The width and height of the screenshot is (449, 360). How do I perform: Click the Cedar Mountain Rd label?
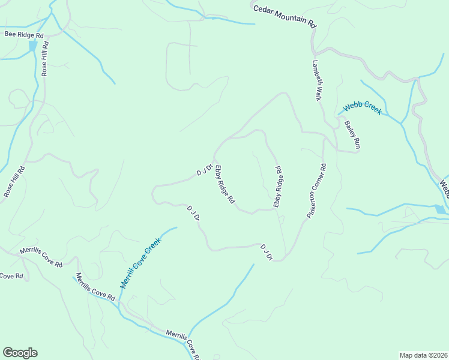(x=285, y=16)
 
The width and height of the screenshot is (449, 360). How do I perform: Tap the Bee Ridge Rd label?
(x=25, y=35)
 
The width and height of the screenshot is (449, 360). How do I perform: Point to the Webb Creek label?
(x=362, y=109)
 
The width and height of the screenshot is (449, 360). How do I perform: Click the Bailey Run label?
(x=352, y=135)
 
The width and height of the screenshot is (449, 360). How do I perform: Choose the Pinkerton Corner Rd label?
(x=316, y=191)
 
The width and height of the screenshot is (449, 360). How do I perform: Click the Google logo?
(x=20, y=353)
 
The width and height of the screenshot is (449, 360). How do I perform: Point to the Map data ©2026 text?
(x=423, y=355)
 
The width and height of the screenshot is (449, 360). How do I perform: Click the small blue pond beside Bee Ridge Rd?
(x=32, y=46)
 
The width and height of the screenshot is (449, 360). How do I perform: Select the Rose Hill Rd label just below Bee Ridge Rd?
(x=44, y=58)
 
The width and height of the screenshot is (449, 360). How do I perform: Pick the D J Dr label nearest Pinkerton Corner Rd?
(x=267, y=252)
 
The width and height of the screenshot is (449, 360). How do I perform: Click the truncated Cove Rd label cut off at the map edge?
(x=11, y=276)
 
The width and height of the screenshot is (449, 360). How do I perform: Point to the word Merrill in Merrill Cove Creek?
(x=127, y=278)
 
